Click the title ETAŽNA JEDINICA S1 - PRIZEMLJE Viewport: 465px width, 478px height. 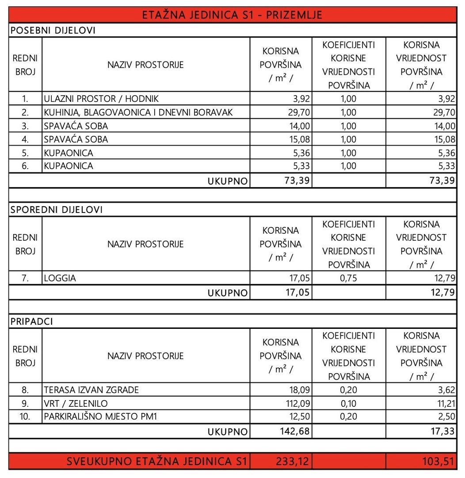point(232,15)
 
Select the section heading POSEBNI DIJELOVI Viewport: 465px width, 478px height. point(53,31)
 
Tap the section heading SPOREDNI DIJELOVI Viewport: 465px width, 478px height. point(56,210)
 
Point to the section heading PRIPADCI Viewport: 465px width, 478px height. point(31,322)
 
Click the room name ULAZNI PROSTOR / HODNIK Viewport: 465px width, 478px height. point(101,99)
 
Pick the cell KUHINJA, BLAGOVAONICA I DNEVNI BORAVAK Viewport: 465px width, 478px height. point(138,112)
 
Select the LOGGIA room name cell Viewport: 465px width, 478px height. point(60,278)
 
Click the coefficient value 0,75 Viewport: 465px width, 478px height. point(348,278)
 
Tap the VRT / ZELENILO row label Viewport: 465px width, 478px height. point(76,404)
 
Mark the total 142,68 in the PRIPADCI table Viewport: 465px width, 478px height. point(296,432)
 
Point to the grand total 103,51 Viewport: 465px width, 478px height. point(438,462)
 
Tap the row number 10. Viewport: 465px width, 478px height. point(25,417)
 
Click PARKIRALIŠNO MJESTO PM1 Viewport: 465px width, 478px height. point(100,417)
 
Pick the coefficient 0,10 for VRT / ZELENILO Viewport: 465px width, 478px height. point(348,404)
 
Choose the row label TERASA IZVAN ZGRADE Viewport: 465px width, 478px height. point(91,390)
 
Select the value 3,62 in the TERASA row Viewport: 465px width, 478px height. point(446,390)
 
